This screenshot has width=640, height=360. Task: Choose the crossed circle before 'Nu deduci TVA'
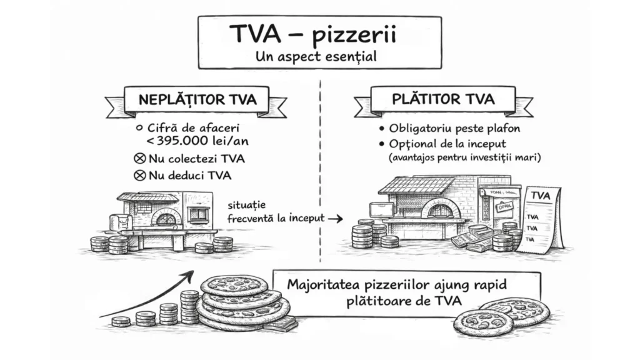(x=141, y=175)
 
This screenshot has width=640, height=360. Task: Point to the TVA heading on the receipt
(x=539, y=196)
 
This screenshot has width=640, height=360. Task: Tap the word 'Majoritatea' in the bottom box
(x=320, y=284)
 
